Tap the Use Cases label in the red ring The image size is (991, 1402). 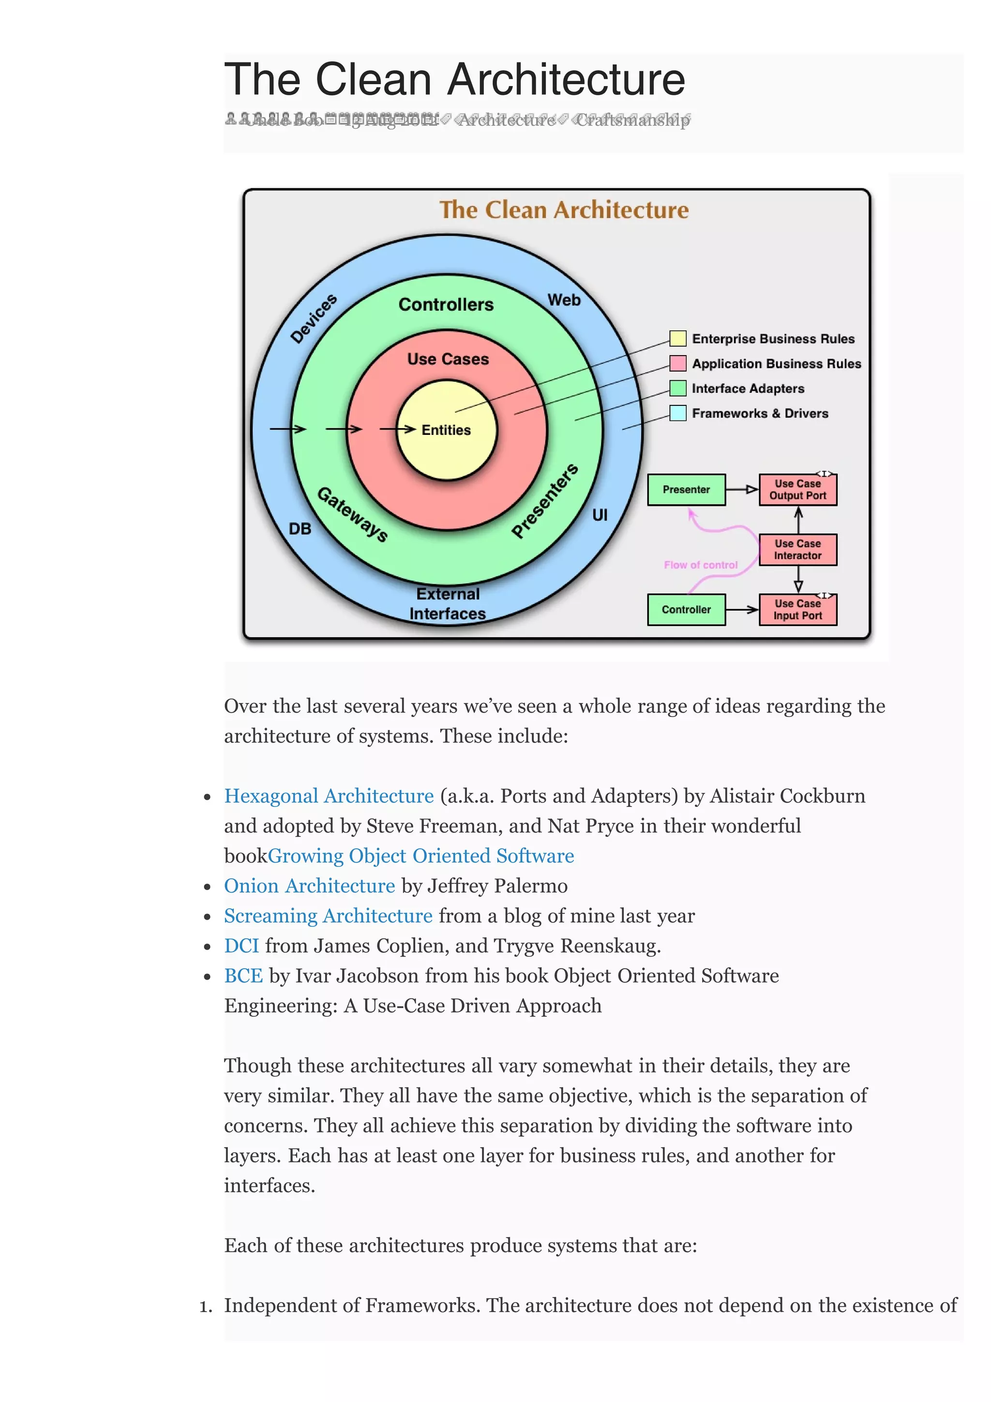(x=448, y=359)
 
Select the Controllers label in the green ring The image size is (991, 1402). (x=446, y=304)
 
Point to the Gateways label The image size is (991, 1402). (x=353, y=514)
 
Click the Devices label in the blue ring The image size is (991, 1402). (x=313, y=319)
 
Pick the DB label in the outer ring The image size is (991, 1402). (x=300, y=529)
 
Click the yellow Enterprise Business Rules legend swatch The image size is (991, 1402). (x=677, y=338)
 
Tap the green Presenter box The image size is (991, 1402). (x=686, y=490)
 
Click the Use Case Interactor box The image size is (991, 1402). (x=797, y=550)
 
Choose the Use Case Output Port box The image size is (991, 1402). (x=797, y=490)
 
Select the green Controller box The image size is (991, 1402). (x=686, y=610)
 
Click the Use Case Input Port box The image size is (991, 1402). (x=797, y=610)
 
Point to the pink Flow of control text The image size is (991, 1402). (x=700, y=566)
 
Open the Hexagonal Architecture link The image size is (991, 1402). (x=329, y=796)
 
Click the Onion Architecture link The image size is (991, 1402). (x=310, y=886)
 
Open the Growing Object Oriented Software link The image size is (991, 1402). (x=420, y=856)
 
